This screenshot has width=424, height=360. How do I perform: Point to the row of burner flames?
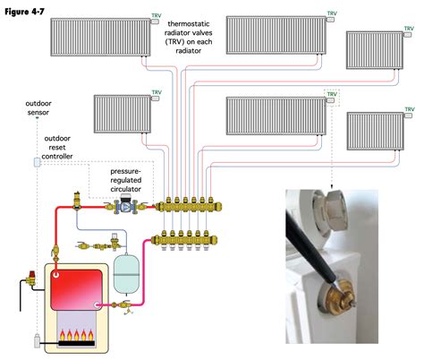[x=78, y=339]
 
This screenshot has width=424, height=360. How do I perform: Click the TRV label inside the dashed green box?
[x=332, y=93]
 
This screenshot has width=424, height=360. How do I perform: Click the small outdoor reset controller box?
[x=38, y=163]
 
